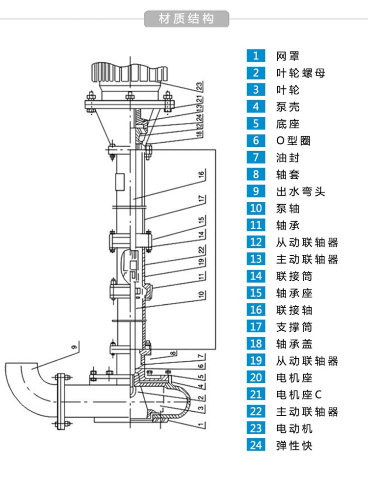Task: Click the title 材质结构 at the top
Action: pos(186,19)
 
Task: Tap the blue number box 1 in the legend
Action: pos(256,55)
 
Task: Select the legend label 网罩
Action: pos(288,55)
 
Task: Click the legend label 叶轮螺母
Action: pos(300,73)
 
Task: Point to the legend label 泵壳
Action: pos(288,107)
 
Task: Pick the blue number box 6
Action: pos(256,140)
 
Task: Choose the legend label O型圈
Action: pos(293,140)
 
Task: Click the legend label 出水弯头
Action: pos(300,191)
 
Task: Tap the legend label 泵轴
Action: pos(288,208)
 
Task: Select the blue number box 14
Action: pos(256,276)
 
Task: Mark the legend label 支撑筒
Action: pos(294,327)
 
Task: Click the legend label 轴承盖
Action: pos(294,344)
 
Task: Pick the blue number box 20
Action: pos(256,378)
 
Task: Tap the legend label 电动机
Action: pos(294,428)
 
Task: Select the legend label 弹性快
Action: pos(294,446)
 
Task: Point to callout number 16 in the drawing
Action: pos(201,175)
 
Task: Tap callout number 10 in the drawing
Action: pos(201,295)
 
